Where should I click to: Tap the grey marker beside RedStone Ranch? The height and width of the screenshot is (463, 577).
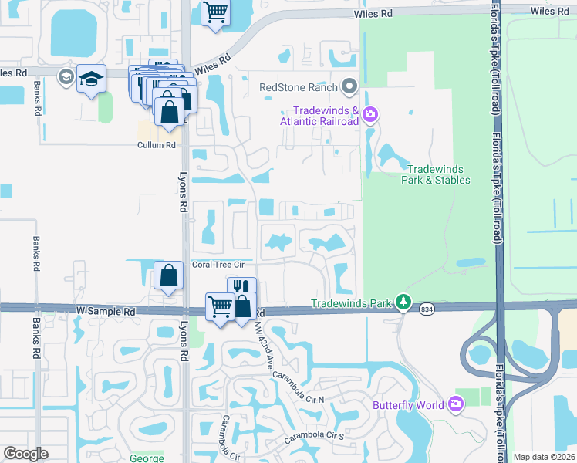click(350, 86)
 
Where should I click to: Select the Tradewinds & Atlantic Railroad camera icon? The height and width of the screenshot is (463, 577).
click(370, 115)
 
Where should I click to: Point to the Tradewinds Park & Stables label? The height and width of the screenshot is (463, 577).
click(437, 174)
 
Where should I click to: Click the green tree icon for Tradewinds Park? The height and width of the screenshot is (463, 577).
click(402, 302)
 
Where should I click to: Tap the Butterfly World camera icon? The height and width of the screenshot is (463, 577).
click(456, 404)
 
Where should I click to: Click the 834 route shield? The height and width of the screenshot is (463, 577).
click(427, 309)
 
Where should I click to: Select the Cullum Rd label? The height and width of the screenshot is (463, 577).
click(157, 145)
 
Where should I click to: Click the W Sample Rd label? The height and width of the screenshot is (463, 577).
click(106, 311)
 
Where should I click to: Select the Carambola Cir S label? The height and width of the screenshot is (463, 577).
click(315, 438)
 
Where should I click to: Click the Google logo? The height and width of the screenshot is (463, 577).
click(25, 454)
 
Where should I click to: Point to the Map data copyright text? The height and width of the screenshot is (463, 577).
click(544, 457)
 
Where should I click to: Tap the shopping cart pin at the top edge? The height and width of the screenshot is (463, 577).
click(216, 12)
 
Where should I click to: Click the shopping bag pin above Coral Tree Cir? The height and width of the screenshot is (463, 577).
click(168, 276)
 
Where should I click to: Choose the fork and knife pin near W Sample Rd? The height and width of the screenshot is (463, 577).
click(241, 288)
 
